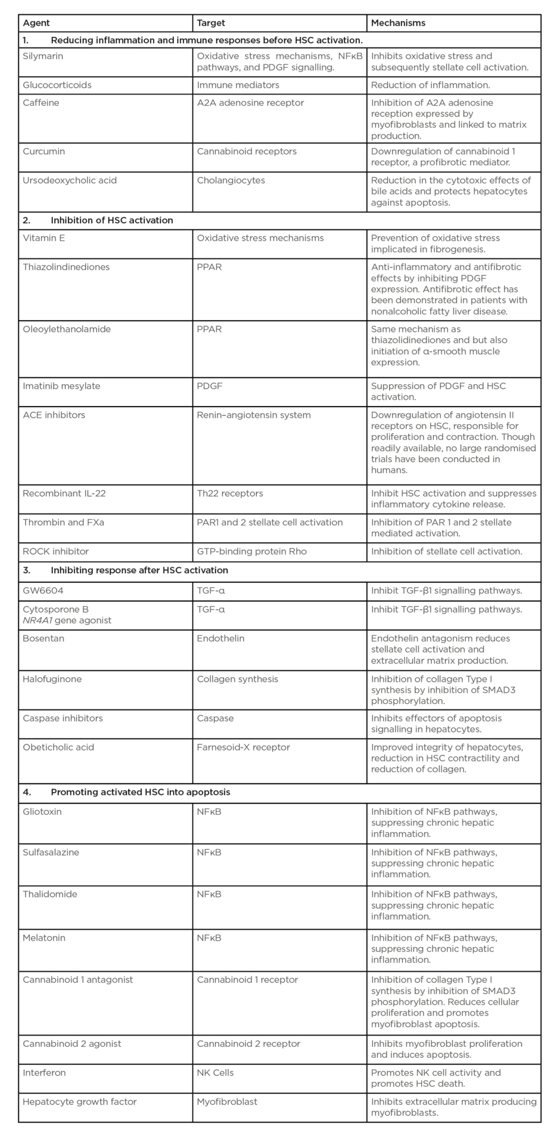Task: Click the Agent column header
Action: click(x=36, y=23)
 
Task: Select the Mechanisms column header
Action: click(x=398, y=23)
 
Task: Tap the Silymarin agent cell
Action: click(x=43, y=56)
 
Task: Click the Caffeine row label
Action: click(x=41, y=102)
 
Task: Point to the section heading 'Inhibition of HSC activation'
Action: click(x=112, y=220)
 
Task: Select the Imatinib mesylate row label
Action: click(x=61, y=386)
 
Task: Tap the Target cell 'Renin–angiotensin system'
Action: click(x=254, y=415)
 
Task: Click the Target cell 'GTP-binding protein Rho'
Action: click(x=252, y=551)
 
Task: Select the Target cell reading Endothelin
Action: click(x=221, y=638)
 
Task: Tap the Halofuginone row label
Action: click(x=52, y=679)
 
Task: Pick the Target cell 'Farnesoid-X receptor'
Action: click(x=244, y=747)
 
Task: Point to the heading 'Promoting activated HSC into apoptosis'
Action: click(x=141, y=792)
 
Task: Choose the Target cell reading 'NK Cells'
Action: click(x=216, y=1073)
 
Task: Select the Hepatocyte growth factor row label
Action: click(x=80, y=1102)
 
